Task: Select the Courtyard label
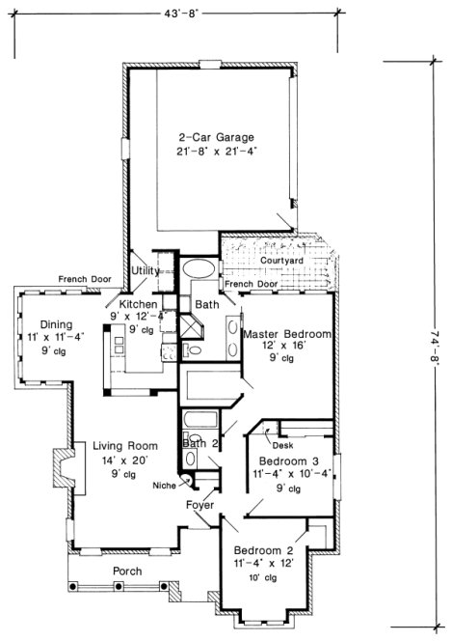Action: pyautogui.click(x=282, y=262)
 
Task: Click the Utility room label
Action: pyautogui.click(x=146, y=271)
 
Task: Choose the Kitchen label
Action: pyautogui.click(x=145, y=305)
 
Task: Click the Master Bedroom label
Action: pyautogui.click(x=287, y=334)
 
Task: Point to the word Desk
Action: pyautogui.click(x=282, y=446)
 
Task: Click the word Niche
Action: pyautogui.click(x=164, y=486)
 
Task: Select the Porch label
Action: pyautogui.click(x=127, y=571)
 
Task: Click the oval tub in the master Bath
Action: pyautogui.click(x=200, y=268)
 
